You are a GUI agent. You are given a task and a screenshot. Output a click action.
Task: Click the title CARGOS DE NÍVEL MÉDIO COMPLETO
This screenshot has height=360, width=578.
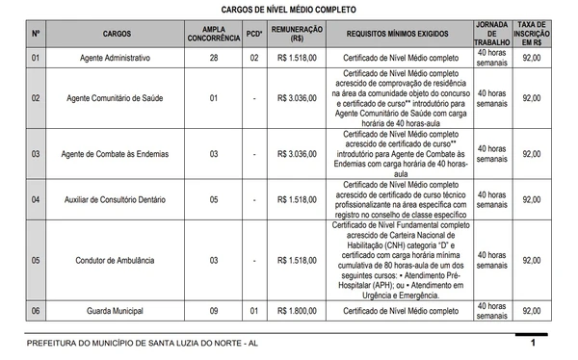pos(289,9)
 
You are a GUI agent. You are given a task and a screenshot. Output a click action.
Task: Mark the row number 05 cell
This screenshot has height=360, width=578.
pos(36,260)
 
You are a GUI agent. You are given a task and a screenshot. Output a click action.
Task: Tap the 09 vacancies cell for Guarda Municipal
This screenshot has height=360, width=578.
pos(214,311)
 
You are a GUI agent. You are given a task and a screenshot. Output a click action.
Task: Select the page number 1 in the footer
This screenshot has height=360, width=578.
pos(533,343)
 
